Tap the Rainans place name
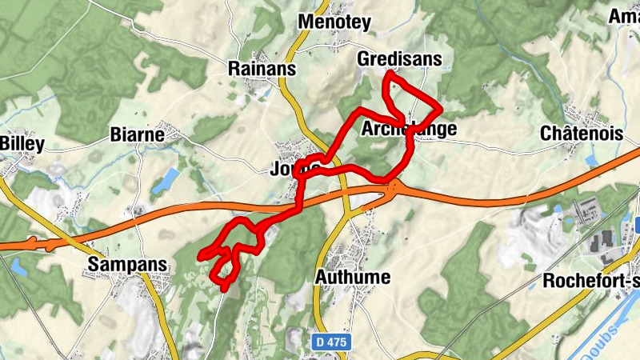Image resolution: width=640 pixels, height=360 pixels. point(262,69)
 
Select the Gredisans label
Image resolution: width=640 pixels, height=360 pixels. point(399,59)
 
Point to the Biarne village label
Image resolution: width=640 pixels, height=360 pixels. point(138,134)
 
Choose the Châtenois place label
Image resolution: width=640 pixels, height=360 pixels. point(582,133)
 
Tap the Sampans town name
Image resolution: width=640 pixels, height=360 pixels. point(128,264)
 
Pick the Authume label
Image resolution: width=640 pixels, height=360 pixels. point(353,277)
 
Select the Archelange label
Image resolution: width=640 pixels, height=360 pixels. point(409,129)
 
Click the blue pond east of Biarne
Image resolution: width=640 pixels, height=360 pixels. point(167,181)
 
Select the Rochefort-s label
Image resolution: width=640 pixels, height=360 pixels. point(590,281)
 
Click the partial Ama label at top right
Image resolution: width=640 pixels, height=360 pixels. point(625,16)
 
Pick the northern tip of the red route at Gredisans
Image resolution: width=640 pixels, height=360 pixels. point(387,74)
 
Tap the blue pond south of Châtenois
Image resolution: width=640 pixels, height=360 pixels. point(591,159)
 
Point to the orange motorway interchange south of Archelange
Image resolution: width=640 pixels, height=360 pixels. point(394,187)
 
